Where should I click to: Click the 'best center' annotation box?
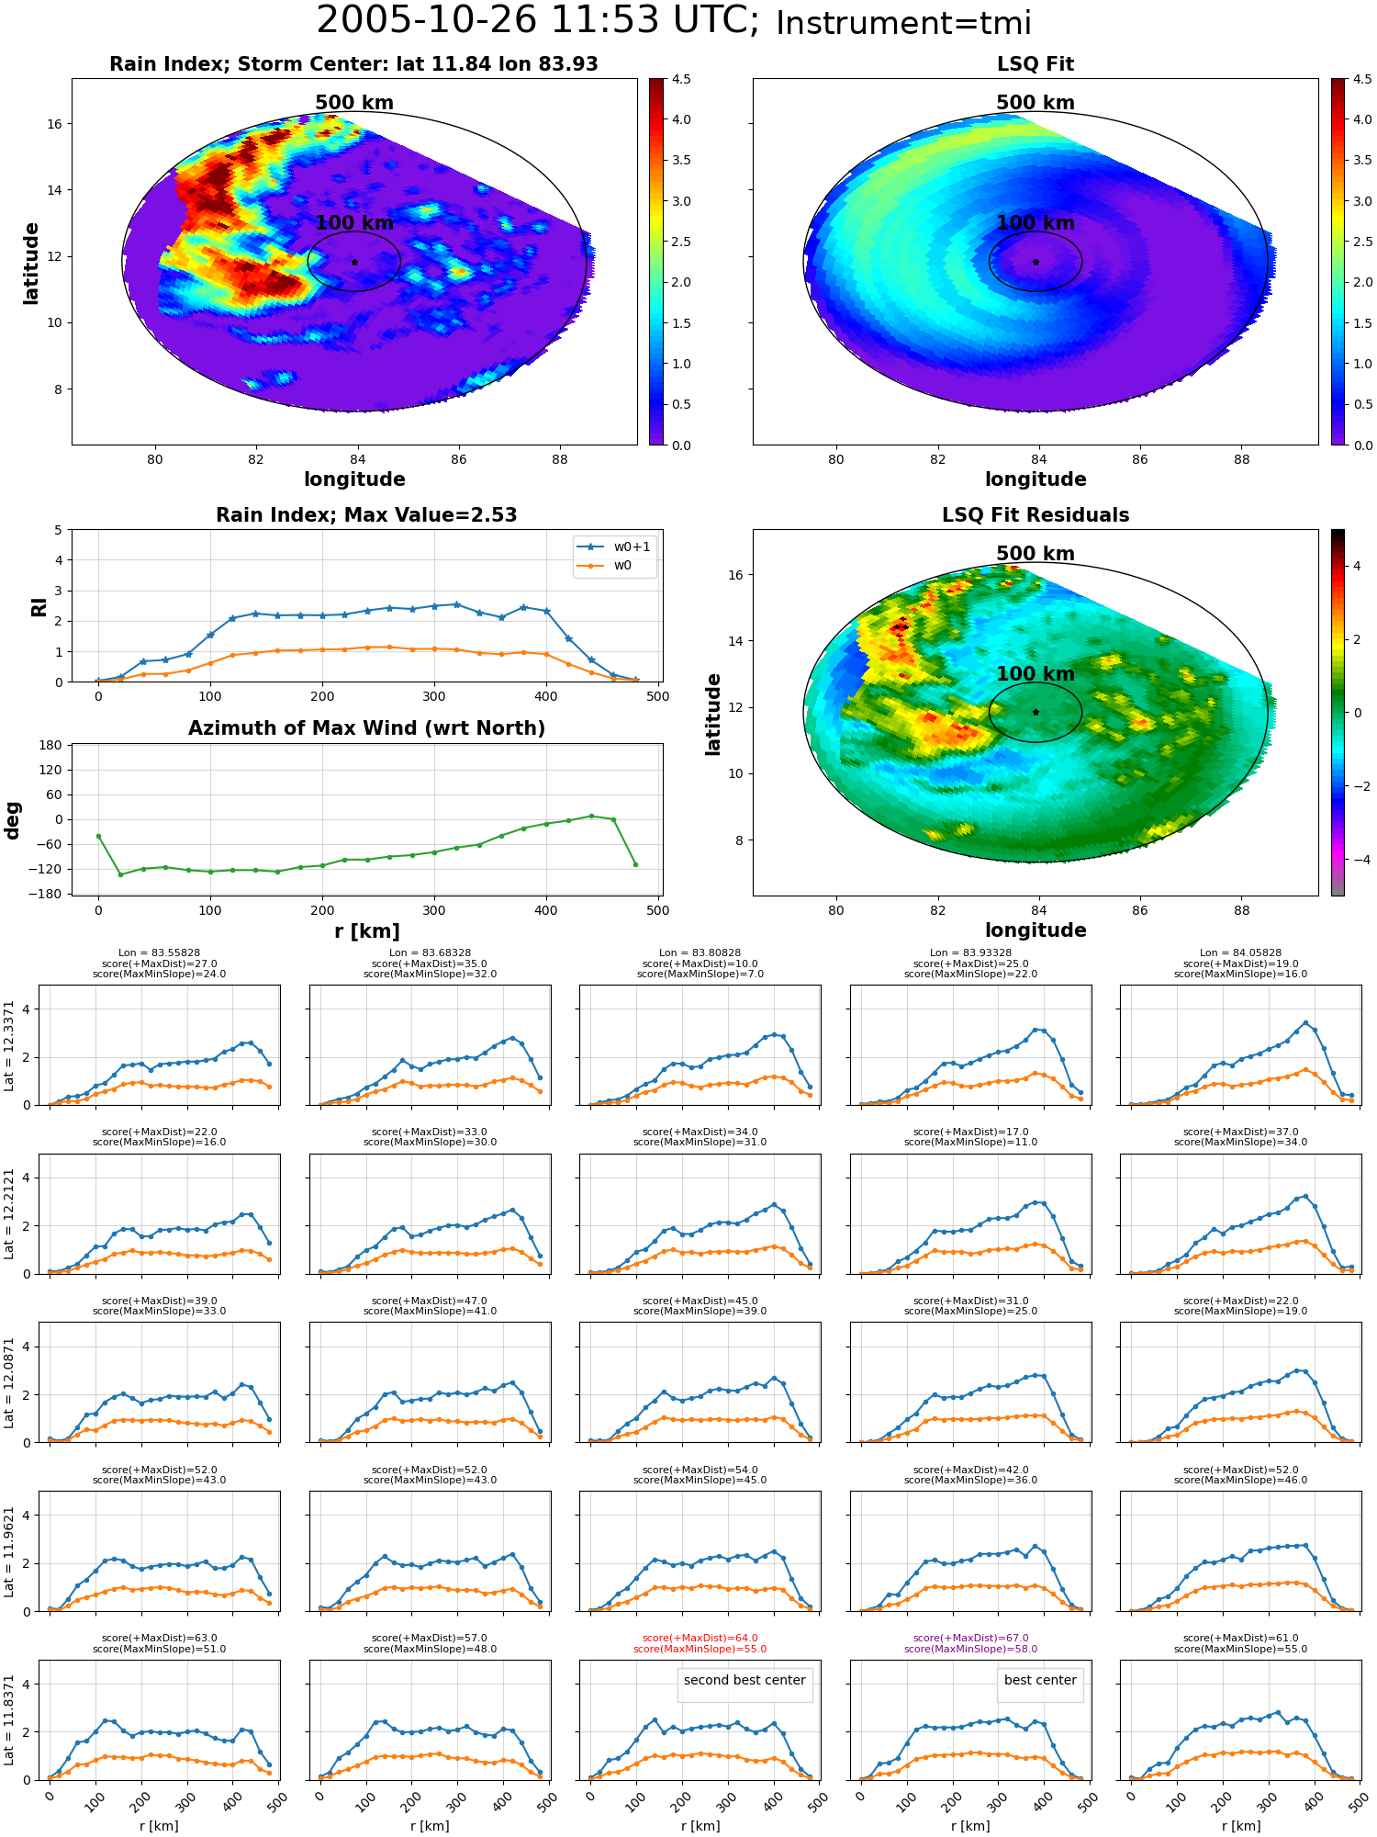point(1040,1680)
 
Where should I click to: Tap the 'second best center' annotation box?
point(744,1680)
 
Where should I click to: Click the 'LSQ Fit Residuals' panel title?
point(1036,515)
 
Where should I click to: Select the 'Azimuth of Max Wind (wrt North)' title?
point(366,728)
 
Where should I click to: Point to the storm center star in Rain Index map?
point(354,262)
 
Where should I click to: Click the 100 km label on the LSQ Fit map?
point(1036,223)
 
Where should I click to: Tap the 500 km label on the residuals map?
point(1036,554)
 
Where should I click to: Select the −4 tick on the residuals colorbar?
point(1357,860)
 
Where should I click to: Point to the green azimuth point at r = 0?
point(98,836)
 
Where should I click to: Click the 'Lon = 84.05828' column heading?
point(1241,953)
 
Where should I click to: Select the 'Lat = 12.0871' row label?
point(9,1382)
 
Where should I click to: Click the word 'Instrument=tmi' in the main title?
point(904,23)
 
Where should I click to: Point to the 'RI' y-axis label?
point(39,607)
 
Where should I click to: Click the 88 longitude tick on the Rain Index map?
point(560,459)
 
